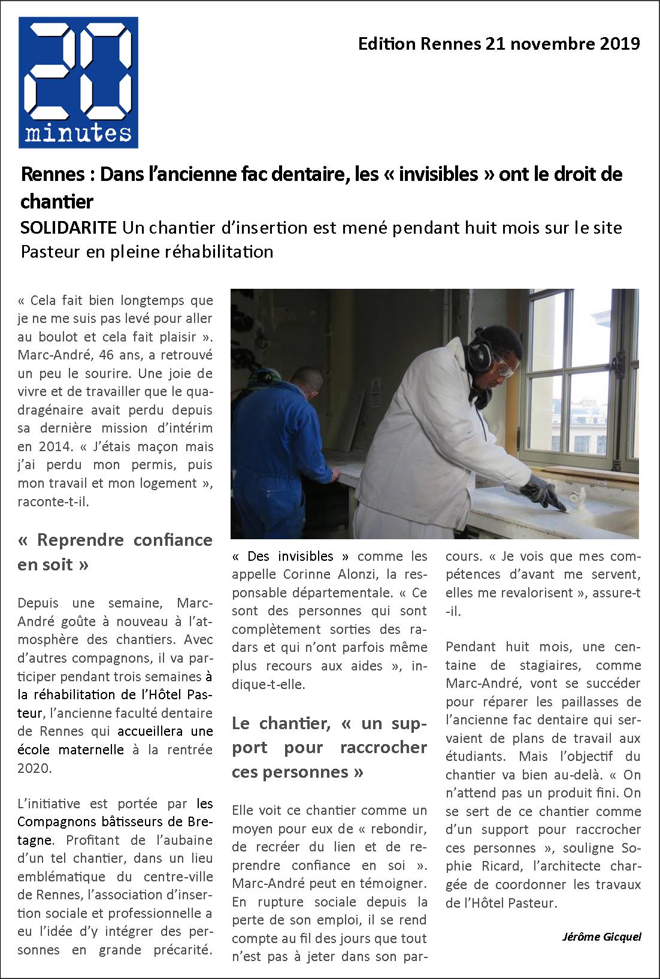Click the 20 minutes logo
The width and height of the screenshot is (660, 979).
click(78, 82)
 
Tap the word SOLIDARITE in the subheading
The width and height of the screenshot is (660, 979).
click(69, 228)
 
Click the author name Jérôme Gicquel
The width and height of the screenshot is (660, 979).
click(601, 936)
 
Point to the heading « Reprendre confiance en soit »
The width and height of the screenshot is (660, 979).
click(115, 552)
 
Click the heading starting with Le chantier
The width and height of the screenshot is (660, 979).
click(329, 747)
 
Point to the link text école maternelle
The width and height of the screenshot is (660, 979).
click(71, 750)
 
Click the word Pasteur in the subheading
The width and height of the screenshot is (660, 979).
click(53, 251)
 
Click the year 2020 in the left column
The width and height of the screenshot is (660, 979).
click(35, 768)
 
